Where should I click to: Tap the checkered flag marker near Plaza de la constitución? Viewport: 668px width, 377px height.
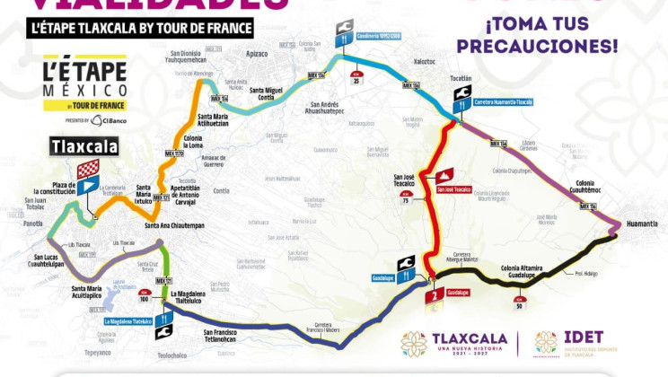[x=86, y=169]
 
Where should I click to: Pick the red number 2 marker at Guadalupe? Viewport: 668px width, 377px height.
[x=433, y=294]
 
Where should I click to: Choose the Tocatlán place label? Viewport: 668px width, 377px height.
[x=461, y=78]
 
